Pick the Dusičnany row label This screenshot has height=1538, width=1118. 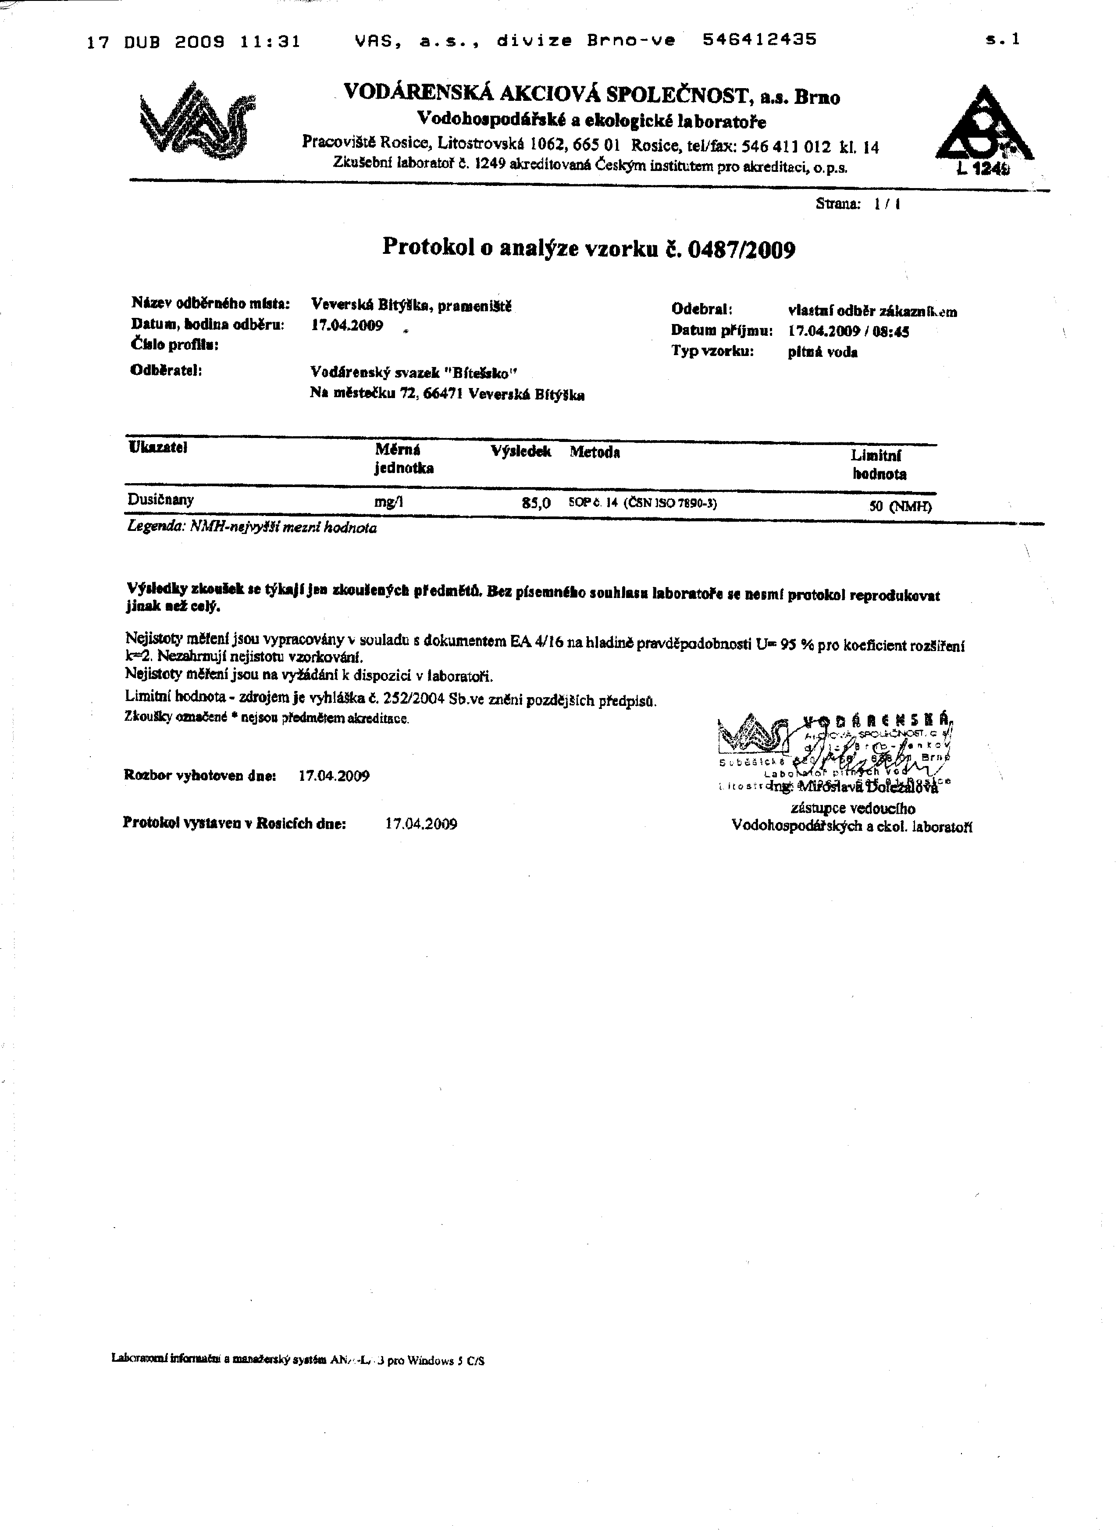(160, 500)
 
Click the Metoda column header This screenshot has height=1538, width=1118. (595, 452)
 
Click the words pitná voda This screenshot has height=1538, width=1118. (822, 352)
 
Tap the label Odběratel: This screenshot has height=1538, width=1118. (166, 370)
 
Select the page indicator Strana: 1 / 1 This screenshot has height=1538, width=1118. (858, 203)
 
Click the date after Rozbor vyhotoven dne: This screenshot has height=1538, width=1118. (334, 776)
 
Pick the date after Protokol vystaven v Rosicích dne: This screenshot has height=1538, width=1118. (420, 823)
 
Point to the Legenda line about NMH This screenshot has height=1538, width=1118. (252, 527)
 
